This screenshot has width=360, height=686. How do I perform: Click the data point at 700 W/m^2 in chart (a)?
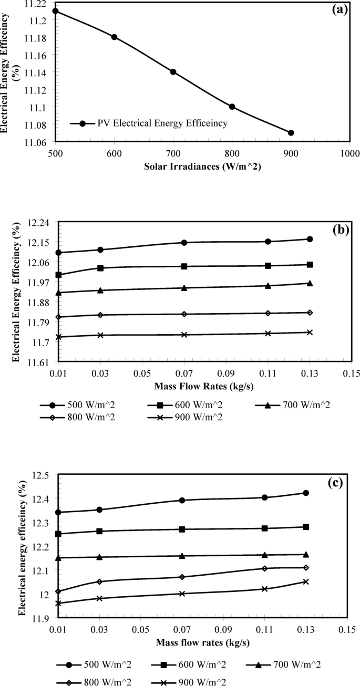point(173,72)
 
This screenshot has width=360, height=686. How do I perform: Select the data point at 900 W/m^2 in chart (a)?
point(291,133)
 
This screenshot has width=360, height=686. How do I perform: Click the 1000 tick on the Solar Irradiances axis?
point(349,153)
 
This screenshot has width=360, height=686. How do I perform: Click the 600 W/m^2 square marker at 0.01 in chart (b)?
point(59,275)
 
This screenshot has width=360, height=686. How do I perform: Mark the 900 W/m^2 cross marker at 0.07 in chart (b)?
point(184,335)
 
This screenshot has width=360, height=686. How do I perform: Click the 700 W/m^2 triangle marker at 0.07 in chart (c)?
point(182,556)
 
